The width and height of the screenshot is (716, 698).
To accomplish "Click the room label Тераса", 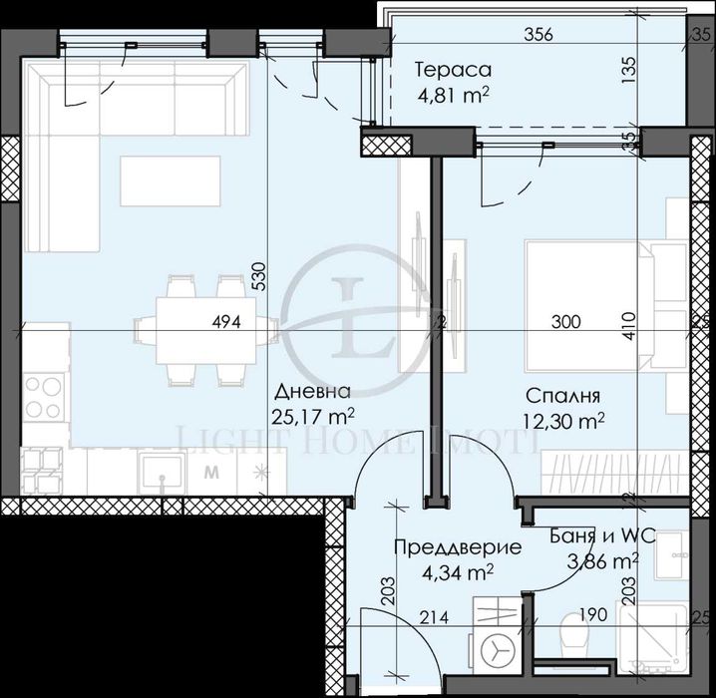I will pyautogui.click(x=452, y=71).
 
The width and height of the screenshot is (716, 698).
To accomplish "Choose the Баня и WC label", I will pyautogui.click(x=602, y=535).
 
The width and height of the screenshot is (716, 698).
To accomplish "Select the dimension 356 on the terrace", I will pyautogui.click(x=538, y=35).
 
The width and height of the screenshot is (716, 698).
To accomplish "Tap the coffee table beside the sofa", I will pyautogui.click(x=169, y=181).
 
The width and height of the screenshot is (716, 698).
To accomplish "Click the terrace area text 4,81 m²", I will pyautogui.click(x=451, y=96).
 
